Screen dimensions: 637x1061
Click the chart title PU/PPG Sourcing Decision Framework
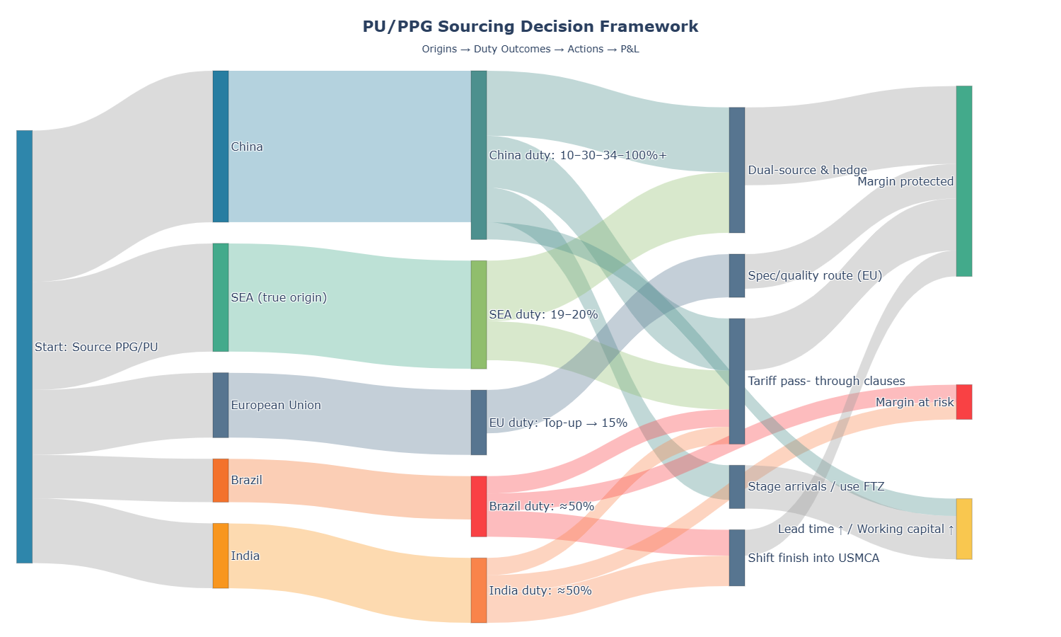point(530,27)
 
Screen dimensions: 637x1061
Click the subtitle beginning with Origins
point(530,50)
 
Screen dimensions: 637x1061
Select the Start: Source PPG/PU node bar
point(25,347)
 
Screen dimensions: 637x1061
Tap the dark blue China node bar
point(221,147)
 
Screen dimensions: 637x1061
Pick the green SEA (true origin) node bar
point(221,297)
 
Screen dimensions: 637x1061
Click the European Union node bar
point(221,405)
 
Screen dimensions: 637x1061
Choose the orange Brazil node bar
point(221,481)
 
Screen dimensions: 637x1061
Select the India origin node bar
point(221,556)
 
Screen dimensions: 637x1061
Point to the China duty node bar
point(479,155)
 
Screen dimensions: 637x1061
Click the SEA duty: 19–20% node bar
point(479,314)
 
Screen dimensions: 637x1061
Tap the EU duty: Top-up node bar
point(479,423)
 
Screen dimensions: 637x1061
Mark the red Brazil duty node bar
point(479,506)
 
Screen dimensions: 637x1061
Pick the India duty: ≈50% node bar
point(479,590)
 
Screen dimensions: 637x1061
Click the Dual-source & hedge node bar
point(737,170)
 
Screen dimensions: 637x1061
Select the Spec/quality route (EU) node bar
point(737,275)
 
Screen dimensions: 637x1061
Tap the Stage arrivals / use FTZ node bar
point(737,486)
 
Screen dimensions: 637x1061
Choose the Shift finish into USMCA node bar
point(737,558)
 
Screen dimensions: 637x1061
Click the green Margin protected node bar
point(964,181)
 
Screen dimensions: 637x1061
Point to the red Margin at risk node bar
point(964,402)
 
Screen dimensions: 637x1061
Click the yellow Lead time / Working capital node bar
point(964,529)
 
